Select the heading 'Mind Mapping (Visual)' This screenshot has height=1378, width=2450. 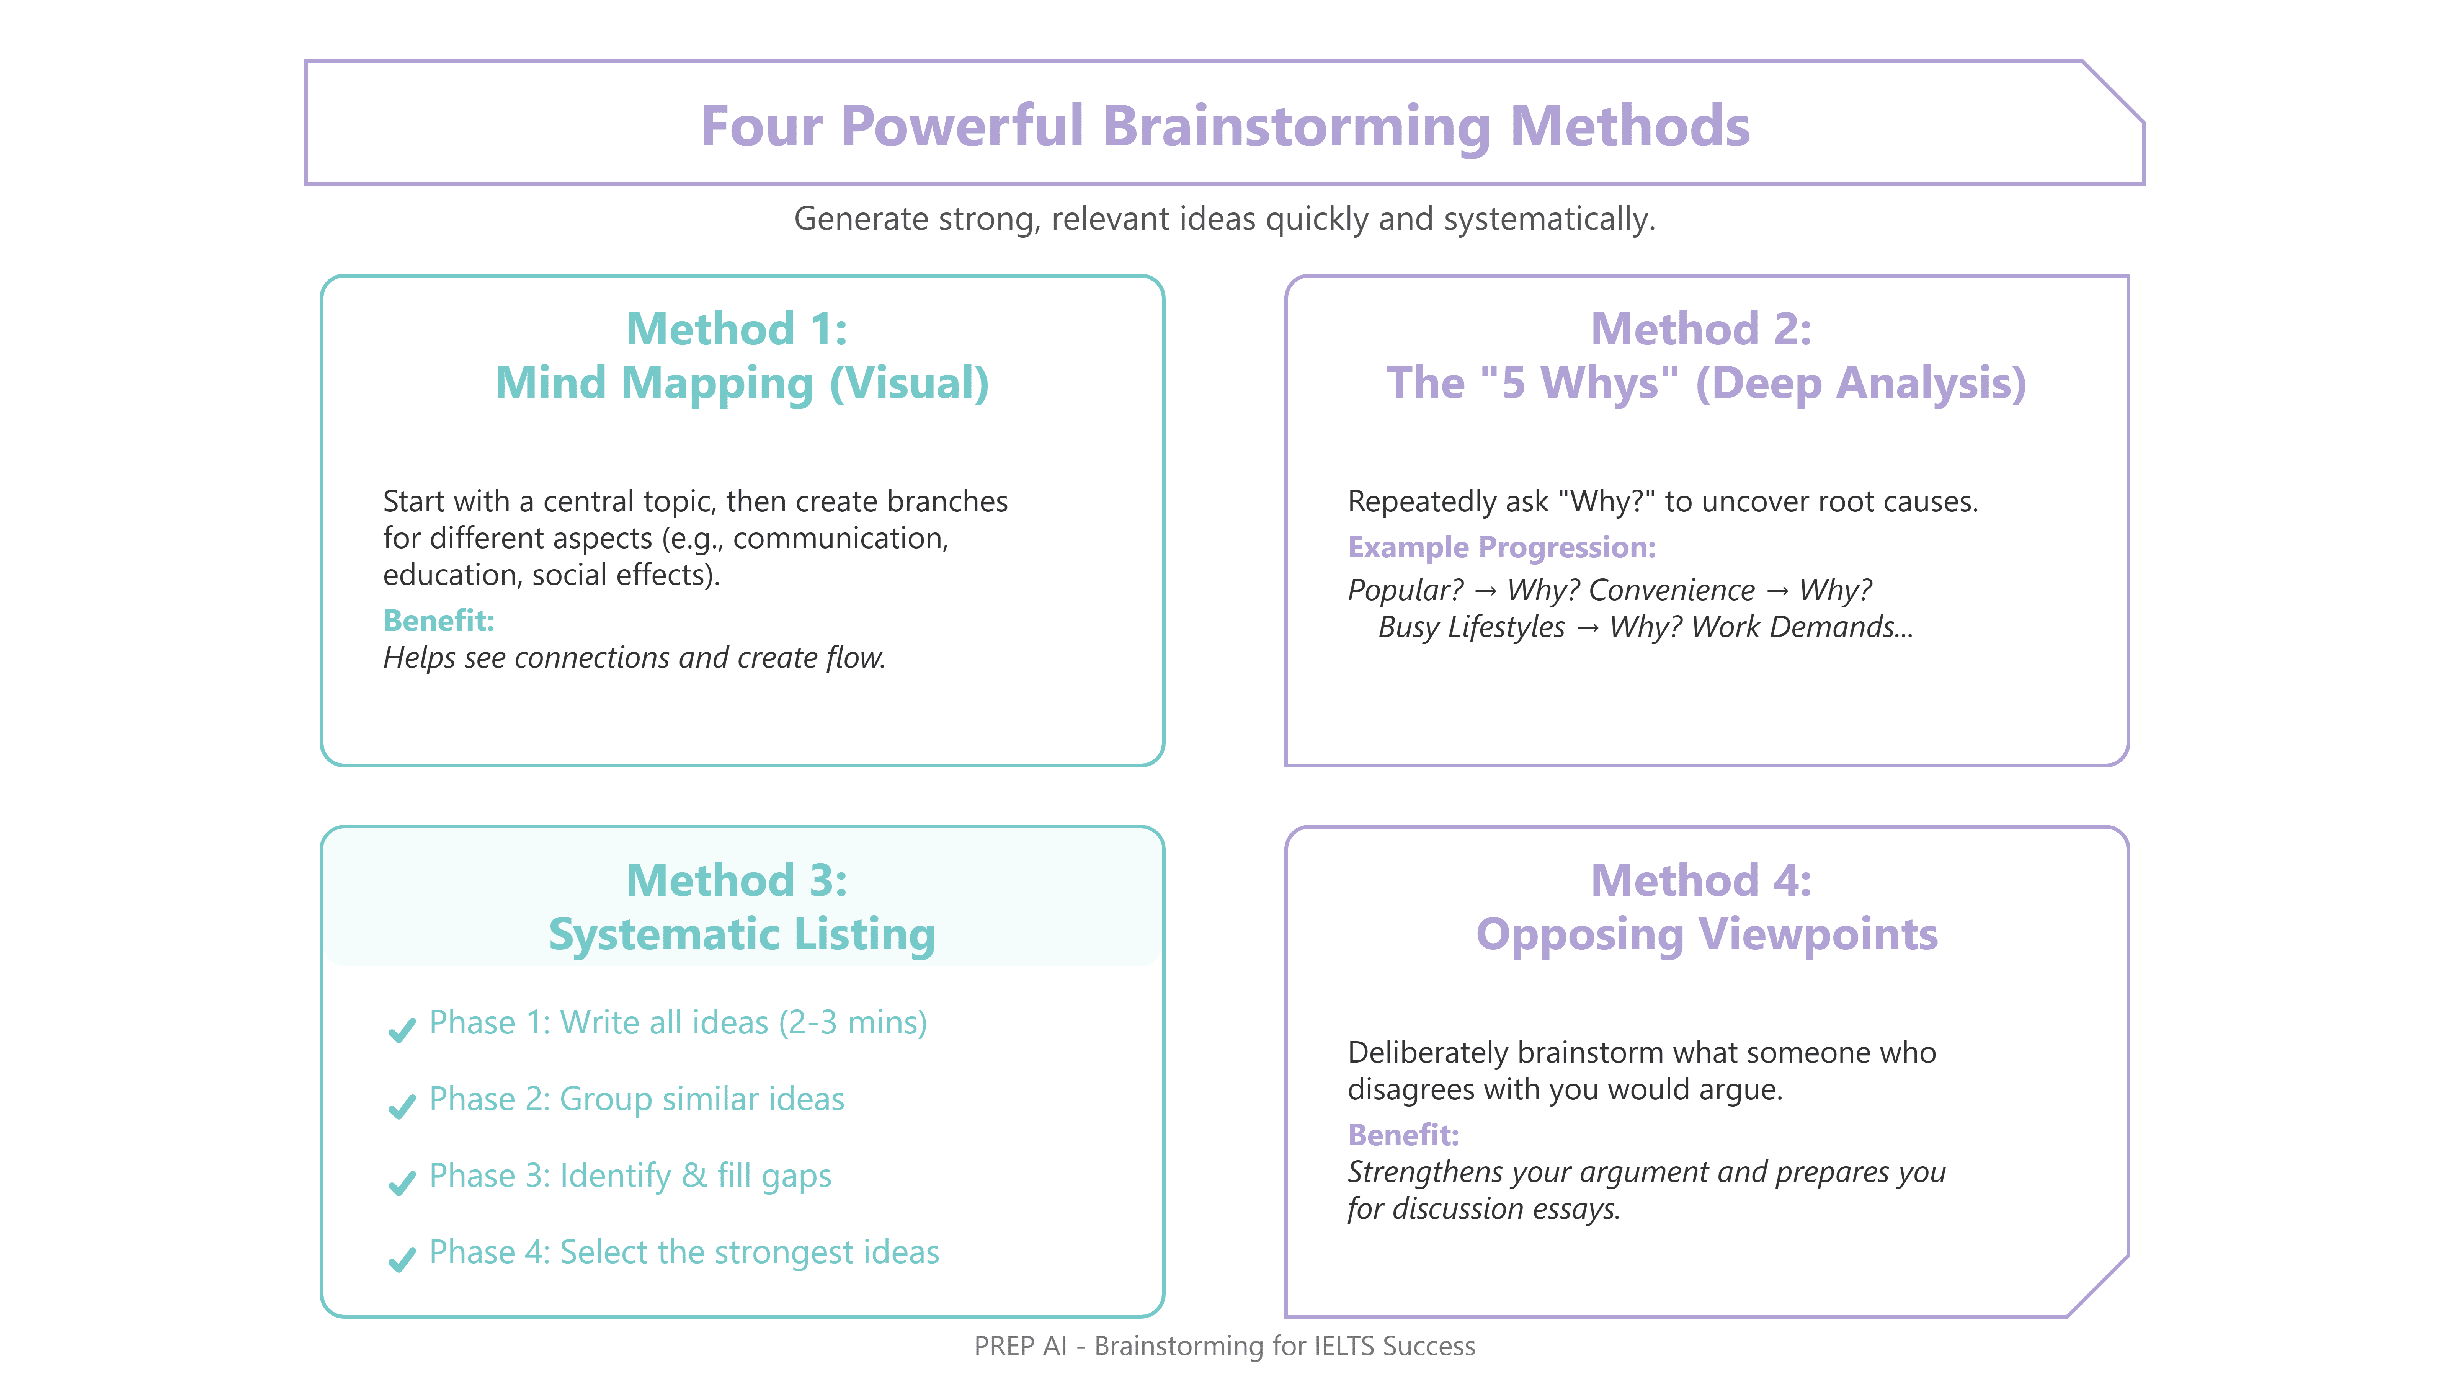pyautogui.click(x=742, y=383)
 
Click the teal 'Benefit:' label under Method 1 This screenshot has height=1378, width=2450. pyautogui.click(x=438, y=621)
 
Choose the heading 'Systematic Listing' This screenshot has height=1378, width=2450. pyautogui.click(x=742, y=935)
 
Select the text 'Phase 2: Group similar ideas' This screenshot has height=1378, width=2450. pyautogui.click(x=636, y=1099)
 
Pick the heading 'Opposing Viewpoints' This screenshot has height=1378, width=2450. pyautogui.click(x=1706, y=935)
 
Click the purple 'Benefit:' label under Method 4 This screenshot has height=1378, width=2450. pyautogui.click(x=1403, y=1135)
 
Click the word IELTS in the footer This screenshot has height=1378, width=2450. pyautogui.click(x=1343, y=1347)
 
